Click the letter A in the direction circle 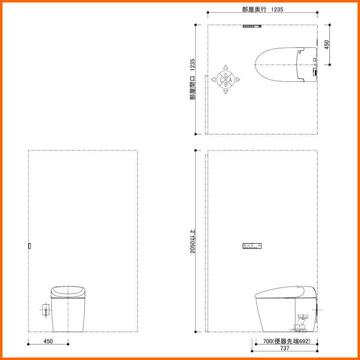click(x=230, y=80)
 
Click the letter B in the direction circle click(x=226, y=84)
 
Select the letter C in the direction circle click(x=221, y=80)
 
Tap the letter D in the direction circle click(x=226, y=75)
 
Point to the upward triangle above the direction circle click(x=226, y=67)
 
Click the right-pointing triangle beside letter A click(x=238, y=80)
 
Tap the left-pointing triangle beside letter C click(x=214, y=80)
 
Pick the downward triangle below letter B click(x=226, y=92)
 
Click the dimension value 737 click(x=285, y=348)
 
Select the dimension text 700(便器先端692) click(x=287, y=341)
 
